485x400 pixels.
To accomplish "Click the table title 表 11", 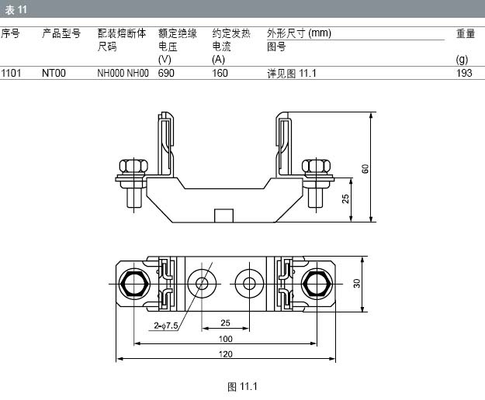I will (x=17, y=10).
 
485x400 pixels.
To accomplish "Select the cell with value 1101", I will (x=11, y=74).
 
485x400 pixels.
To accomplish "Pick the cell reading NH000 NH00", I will (x=123, y=74).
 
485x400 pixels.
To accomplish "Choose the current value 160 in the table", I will (x=220, y=74).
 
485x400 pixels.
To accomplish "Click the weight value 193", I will (x=464, y=74).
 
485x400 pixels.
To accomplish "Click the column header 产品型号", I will (x=61, y=34).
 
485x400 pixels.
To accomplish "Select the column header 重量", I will (x=465, y=34).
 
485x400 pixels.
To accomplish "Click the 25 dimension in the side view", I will (x=345, y=199).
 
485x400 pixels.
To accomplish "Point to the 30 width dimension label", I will (x=358, y=283).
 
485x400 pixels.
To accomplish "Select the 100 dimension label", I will (x=225, y=339).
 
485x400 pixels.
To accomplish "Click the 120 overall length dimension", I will (x=225, y=354).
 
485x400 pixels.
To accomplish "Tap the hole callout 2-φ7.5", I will (x=166, y=326).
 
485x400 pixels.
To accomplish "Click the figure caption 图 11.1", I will (x=242, y=386).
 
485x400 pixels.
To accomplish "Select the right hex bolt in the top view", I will (x=315, y=283).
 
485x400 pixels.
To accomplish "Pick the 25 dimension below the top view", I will (x=225, y=322).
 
